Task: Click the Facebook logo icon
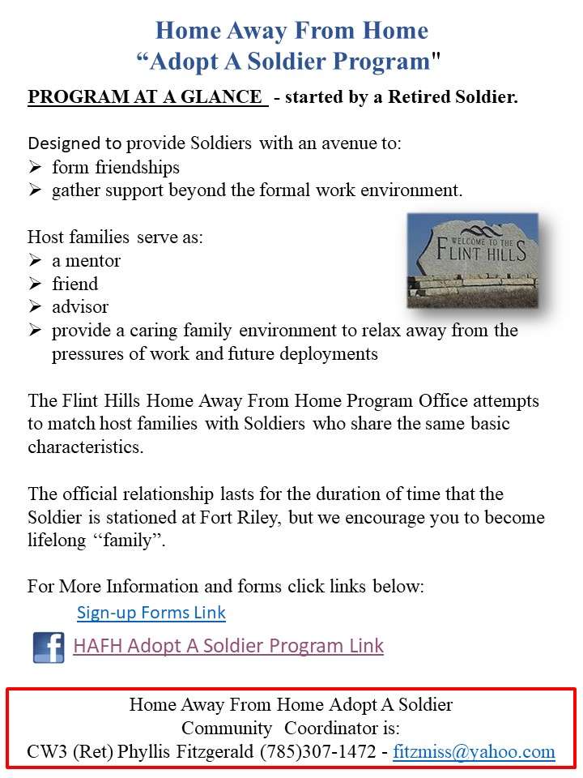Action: click(49, 648)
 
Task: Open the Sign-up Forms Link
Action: click(151, 613)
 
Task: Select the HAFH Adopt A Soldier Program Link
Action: click(228, 646)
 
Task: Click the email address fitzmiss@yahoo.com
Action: click(474, 751)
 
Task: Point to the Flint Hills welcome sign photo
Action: click(472, 260)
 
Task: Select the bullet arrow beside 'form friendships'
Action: click(36, 168)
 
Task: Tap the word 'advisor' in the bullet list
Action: click(79, 308)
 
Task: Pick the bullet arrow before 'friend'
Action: click(36, 284)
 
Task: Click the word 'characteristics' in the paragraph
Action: click(85, 447)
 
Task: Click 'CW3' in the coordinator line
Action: click(45, 751)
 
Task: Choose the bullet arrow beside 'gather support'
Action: click(36, 191)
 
